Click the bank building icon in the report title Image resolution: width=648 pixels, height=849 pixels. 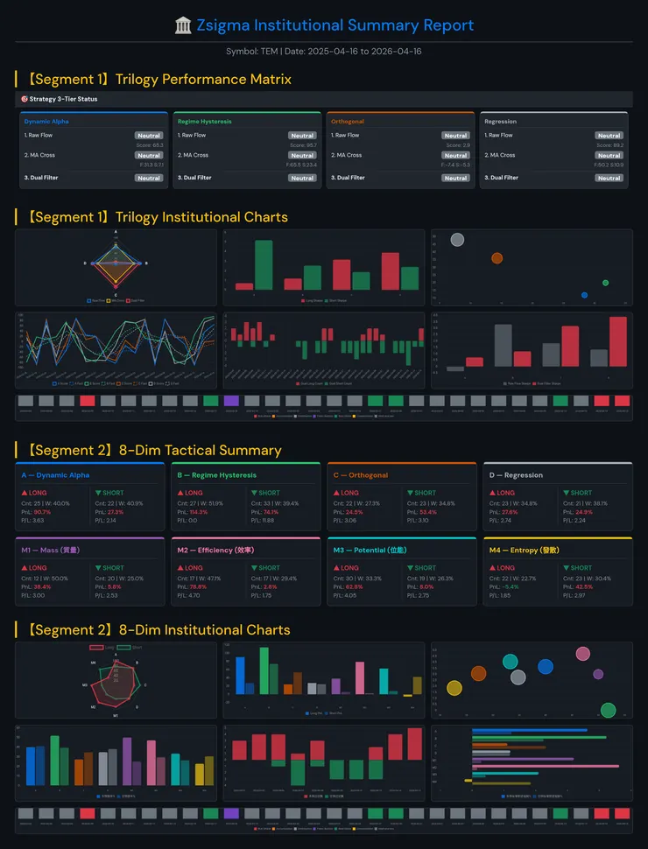[x=183, y=25]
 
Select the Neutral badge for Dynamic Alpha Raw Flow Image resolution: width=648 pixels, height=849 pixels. [x=149, y=136]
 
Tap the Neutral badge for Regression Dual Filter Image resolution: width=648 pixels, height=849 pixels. [x=609, y=178]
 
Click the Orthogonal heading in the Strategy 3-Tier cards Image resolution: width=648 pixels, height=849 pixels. [x=348, y=122]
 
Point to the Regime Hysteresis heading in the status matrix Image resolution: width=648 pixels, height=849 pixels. [x=204, y=122]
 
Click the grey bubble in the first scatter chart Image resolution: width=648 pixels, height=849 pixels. [x=456, y=240]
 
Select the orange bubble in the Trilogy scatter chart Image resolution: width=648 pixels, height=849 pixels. [x=497, y=257]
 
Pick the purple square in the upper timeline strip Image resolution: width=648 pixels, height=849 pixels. [x=231, y=400]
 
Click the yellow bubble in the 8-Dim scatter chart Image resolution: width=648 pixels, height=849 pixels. [x=454, y=688]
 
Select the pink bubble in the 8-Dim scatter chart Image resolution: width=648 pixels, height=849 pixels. [x=583, y=654]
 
